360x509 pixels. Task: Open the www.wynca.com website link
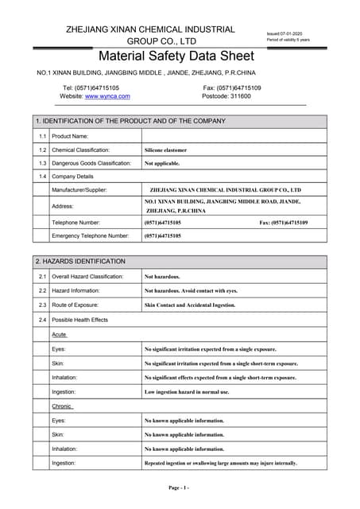click(x=107, y=96)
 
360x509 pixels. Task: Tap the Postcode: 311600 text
click(x=226, y=96)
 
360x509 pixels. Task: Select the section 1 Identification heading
click(x=131, y=122)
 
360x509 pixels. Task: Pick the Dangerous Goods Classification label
click(x=91, y=163)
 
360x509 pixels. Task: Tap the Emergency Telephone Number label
click(x=90, y=236)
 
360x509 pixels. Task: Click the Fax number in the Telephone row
click(x=283, y=223)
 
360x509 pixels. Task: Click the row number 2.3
click(x=43, y=305)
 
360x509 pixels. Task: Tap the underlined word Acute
click(x=59, y=335)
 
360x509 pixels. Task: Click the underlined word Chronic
click(x=62, y=406)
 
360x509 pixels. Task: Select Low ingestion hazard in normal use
click(x=186, y=392)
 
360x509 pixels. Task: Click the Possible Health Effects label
click(x=79, y=320)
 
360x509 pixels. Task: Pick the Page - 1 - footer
click(x=178, y=487)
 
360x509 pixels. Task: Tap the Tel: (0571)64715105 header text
click(x=91, y=87)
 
